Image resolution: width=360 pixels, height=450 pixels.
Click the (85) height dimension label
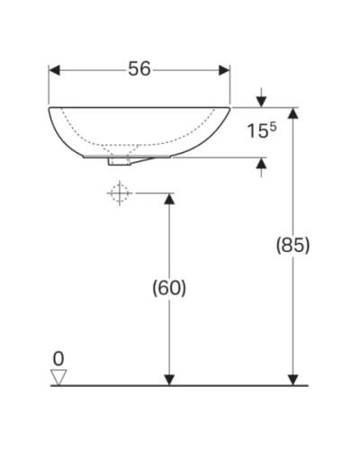292,245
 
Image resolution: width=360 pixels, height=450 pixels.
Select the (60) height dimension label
168,288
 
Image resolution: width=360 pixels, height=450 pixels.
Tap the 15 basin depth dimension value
256,132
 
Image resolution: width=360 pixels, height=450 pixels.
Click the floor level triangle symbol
59,377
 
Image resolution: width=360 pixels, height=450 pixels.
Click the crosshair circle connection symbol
119,193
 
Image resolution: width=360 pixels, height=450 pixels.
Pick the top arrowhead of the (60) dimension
168,199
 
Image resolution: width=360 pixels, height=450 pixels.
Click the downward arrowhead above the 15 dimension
261,101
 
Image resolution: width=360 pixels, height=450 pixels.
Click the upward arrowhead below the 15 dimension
261,164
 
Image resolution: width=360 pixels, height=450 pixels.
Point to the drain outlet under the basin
119,161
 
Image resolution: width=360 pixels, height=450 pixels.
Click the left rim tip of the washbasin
49,109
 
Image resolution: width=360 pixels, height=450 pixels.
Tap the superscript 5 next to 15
271,126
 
